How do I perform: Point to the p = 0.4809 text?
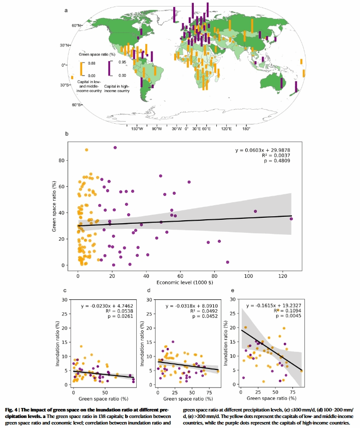click(x=278, y=162)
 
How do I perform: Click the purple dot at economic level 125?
click(x=291, y=219)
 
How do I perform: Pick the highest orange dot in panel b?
click(x=87, y=150)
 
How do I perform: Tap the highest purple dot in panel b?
click(x=115, y=148)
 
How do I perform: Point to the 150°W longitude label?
click(x=137, y=129)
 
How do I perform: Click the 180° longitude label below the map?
click(x=246, y=129)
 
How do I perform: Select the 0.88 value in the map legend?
click(x=92, y=64)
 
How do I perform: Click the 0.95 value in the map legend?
click(x=122, y=63)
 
